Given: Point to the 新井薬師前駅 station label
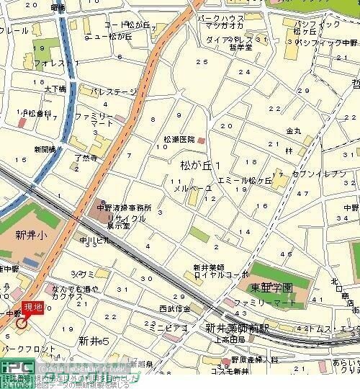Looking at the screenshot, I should pos(237,328).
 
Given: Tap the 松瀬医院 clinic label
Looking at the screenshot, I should pos(176,140).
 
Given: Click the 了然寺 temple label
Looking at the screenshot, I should pos(86,154).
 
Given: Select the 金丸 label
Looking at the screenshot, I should pos(294,131).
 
